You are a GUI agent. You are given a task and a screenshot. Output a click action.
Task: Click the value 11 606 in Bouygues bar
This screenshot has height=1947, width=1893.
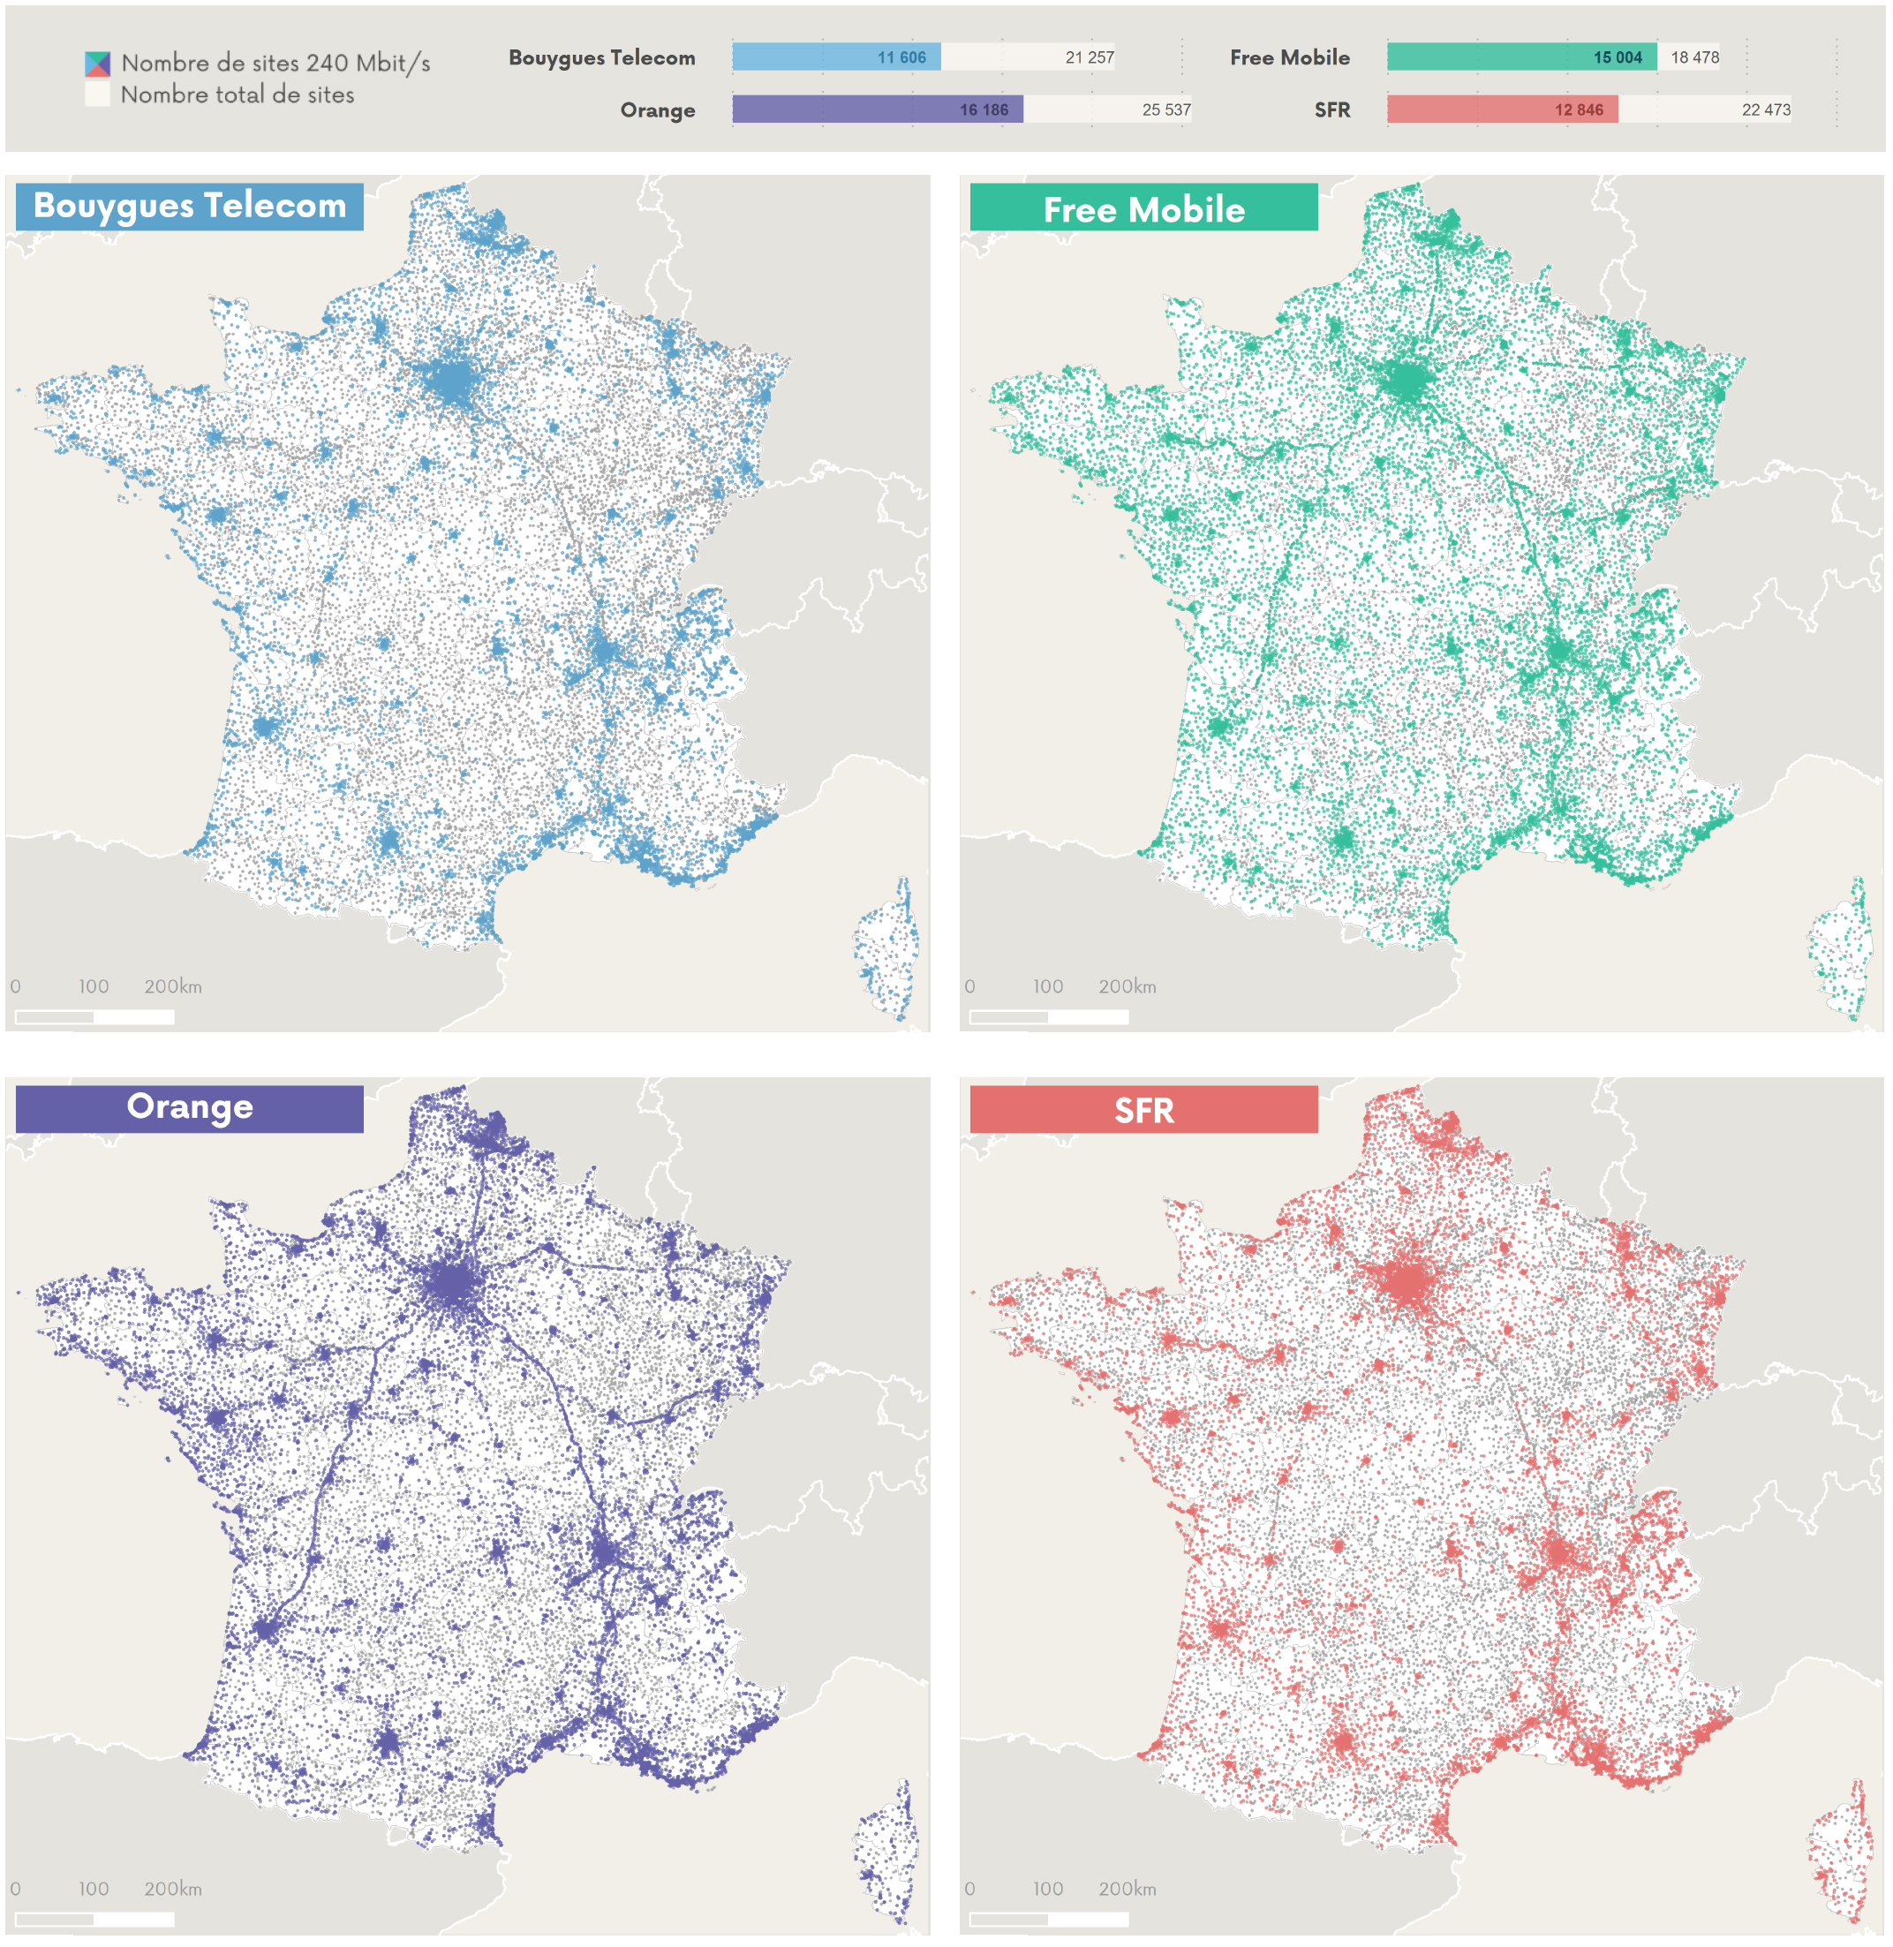[901, 57]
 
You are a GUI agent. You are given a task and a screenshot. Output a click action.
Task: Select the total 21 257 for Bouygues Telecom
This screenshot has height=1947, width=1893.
[1089, 57]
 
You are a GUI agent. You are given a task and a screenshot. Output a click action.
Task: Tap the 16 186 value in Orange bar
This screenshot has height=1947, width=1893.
[984, 110]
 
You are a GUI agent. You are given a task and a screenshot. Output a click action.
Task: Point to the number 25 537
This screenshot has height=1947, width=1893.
[1165, 110]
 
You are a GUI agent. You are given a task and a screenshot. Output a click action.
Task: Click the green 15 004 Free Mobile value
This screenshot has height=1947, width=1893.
[1617, 57]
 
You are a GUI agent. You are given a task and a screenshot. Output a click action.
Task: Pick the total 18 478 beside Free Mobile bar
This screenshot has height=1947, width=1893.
[1694, 57]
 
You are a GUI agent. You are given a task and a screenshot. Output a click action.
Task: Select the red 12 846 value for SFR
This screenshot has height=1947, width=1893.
[1578, 110]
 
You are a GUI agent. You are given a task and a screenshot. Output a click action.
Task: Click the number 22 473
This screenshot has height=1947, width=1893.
[1765, 110]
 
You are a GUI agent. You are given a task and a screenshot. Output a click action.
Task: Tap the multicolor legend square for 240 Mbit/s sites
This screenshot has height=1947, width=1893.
[97, 64]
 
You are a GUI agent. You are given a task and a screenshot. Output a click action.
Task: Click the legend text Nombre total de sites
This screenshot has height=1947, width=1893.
[237, 95]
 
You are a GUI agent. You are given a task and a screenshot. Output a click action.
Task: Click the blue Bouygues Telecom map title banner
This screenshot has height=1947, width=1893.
[189, 207]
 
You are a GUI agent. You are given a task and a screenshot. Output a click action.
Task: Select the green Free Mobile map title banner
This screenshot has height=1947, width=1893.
[1143, 208]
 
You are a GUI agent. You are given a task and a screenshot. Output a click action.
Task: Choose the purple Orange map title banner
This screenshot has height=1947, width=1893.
[189, 1108]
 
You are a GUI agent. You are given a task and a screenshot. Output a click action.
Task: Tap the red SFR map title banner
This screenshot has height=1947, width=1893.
[1143, 1109]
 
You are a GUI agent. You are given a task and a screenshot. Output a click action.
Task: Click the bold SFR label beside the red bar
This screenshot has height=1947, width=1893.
[1331, 110]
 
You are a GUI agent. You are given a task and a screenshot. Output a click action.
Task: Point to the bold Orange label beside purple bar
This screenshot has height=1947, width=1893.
[657, 110]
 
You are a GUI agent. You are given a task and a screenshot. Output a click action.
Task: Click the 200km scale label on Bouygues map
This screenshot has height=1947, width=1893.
[173, 986]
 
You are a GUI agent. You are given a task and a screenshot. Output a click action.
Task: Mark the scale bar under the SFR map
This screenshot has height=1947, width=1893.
[1048, 1919]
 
